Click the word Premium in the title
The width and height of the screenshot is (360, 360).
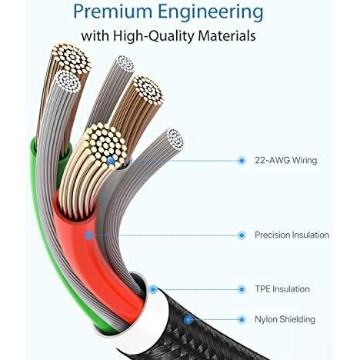113,12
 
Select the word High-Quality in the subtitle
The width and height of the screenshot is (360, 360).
153,36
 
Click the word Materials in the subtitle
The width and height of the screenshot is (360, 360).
227,35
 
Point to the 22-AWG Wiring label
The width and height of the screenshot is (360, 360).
285,161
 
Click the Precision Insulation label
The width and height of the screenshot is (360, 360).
292,235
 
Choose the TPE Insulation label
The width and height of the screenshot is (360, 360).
282,289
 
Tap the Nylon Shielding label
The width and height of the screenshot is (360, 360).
285,319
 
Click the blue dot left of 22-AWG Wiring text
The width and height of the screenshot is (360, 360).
242,161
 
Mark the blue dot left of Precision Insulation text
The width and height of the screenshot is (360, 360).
242,235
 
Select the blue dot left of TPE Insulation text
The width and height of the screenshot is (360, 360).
242,289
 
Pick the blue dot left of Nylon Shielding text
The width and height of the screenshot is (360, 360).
242,320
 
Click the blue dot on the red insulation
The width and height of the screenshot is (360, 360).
89,235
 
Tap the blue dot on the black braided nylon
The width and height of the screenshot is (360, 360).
188,320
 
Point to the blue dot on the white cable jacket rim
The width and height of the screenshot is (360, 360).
153,289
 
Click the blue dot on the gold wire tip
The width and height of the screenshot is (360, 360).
111,161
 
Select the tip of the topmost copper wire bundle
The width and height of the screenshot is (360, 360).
72,59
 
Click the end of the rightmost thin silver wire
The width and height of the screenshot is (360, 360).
175,138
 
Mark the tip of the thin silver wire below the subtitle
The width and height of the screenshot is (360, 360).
125,64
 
